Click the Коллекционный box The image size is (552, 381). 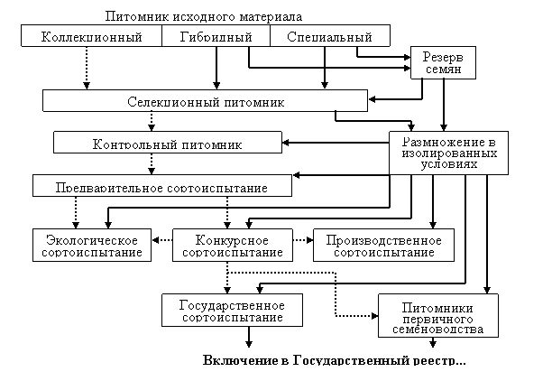click(92, 36)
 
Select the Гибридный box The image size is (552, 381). click(216, 36)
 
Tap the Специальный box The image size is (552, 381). click(329, 36)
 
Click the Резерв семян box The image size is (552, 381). click(442, 62)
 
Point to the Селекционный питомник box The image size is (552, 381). click(205, 100)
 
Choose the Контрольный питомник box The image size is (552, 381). click(167, 142)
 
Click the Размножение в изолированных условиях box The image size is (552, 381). click(448, 153)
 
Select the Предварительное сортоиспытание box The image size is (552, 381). click(162, 186)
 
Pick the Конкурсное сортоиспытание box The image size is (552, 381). click(233, 246)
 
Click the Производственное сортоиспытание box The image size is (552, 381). click(383, 246)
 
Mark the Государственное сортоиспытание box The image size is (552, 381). click(233, 311)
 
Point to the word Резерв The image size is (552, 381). click(442, 56)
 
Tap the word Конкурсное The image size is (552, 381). click(233, 239)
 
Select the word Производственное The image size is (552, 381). click(383, 239)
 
